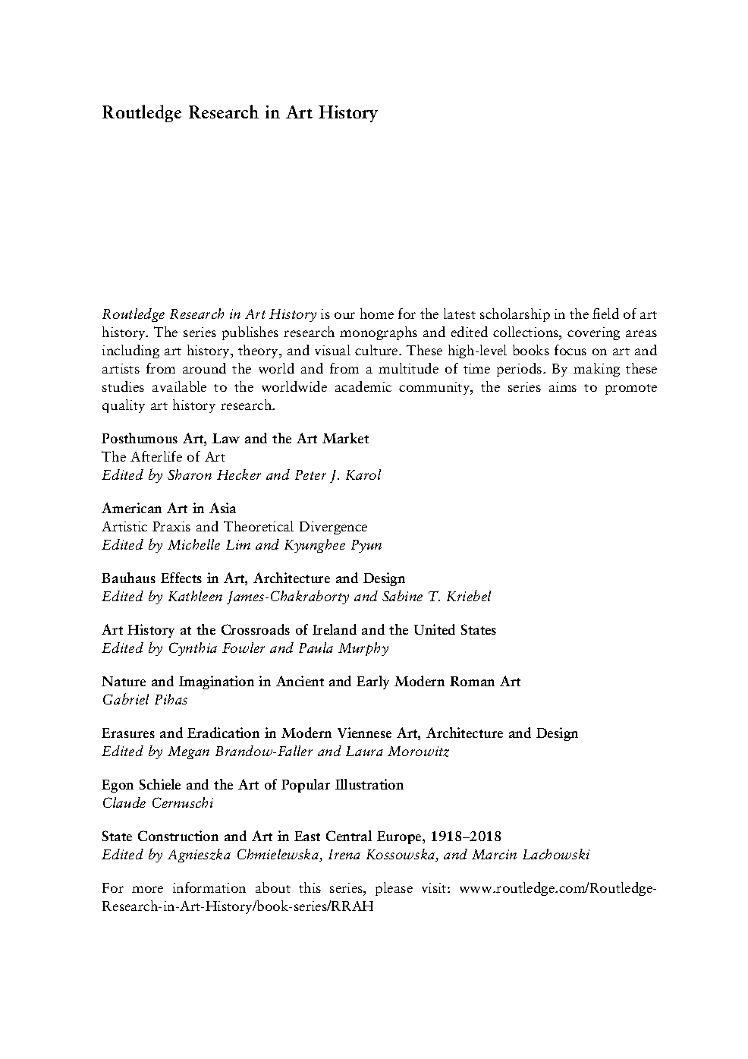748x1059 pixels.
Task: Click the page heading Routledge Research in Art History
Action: click(239, 113)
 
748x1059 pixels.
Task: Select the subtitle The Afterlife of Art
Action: click(163, 457)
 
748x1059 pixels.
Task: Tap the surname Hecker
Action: click(239, 475)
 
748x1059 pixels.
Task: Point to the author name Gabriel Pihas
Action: click(144, 700)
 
